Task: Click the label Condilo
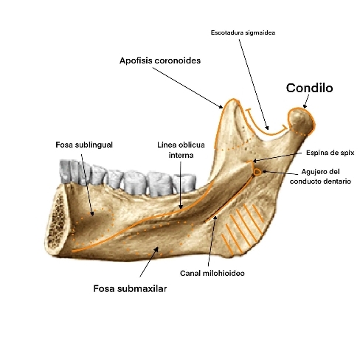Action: (309, 88)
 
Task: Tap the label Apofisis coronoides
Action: (160, 60)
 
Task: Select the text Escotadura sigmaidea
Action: (243, 32)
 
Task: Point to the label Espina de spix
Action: (330, 153)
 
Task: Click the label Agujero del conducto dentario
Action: (320, 176)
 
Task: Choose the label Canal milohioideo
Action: (212, 273)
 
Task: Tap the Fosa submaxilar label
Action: (130, 288)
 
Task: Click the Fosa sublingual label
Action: (84, 145)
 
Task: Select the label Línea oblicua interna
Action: (181, 150)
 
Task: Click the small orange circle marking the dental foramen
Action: (257, 172)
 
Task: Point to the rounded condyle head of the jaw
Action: (301, 121)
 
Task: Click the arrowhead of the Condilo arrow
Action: (305, 106)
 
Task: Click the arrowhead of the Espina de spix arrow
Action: (255, 161)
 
